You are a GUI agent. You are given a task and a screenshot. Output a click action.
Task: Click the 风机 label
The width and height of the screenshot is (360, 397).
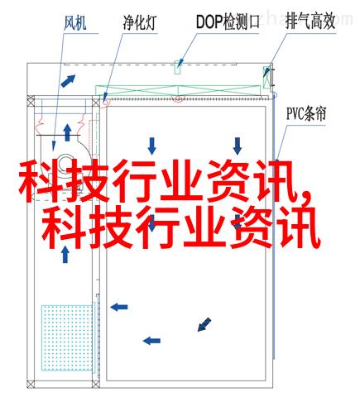tap(75, 23)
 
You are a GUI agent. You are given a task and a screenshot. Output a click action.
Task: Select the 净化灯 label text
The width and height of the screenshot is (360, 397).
tap(140, 22)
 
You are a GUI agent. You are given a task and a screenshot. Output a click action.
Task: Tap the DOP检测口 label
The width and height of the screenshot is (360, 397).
tap(228, 22)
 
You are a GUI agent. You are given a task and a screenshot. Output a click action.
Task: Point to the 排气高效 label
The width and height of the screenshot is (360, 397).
tap(310, 22)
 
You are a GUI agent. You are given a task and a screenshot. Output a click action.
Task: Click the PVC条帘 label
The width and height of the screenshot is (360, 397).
tap(306, 113)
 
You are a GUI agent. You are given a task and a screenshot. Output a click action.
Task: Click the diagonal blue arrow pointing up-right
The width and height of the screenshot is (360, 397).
tap(68, 81)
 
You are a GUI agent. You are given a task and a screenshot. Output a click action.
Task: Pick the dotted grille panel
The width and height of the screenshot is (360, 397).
tap(67, 337)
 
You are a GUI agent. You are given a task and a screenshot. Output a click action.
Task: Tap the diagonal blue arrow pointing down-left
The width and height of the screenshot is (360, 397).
tap(204, 324)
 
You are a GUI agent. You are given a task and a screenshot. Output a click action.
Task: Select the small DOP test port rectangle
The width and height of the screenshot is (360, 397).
tap(178, 67)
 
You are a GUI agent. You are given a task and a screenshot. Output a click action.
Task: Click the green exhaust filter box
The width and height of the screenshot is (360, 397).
tap(266, 78)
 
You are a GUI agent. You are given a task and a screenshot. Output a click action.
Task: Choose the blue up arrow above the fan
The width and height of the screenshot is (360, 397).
tap(67, 133)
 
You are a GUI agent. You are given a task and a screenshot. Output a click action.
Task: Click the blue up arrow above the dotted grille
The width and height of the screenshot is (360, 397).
tap(65, 254)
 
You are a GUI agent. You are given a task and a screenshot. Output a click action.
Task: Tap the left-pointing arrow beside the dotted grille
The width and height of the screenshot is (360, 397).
tap(119, 307)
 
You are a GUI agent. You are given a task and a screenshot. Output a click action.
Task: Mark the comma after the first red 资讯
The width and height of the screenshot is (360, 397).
tap(305, 198)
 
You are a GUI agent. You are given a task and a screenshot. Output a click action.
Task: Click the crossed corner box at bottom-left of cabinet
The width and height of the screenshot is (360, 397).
tap(31, 384)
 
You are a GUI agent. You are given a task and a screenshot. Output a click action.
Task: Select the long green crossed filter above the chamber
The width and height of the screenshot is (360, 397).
tap(178, 91)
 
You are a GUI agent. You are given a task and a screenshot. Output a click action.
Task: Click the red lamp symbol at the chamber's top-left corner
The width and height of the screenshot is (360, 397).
tap(105, 103)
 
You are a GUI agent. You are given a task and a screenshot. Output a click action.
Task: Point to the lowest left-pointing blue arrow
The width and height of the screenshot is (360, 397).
tap(151, 341)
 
